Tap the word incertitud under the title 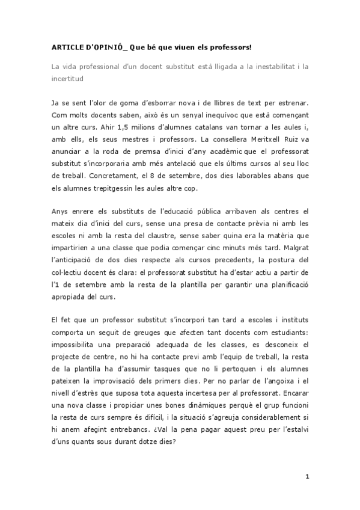pyautogui.click(x=67, y=78)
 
